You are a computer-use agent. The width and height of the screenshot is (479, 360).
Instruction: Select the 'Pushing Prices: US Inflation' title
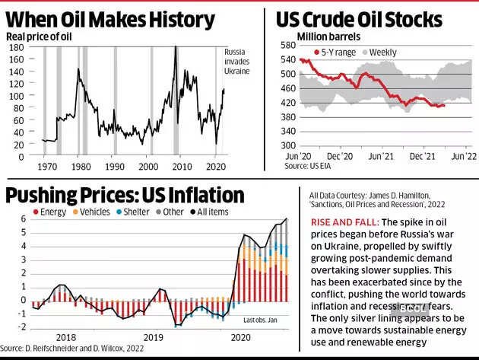tap(125, 195)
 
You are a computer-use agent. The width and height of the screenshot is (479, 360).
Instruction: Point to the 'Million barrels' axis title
tap(328, 36)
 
